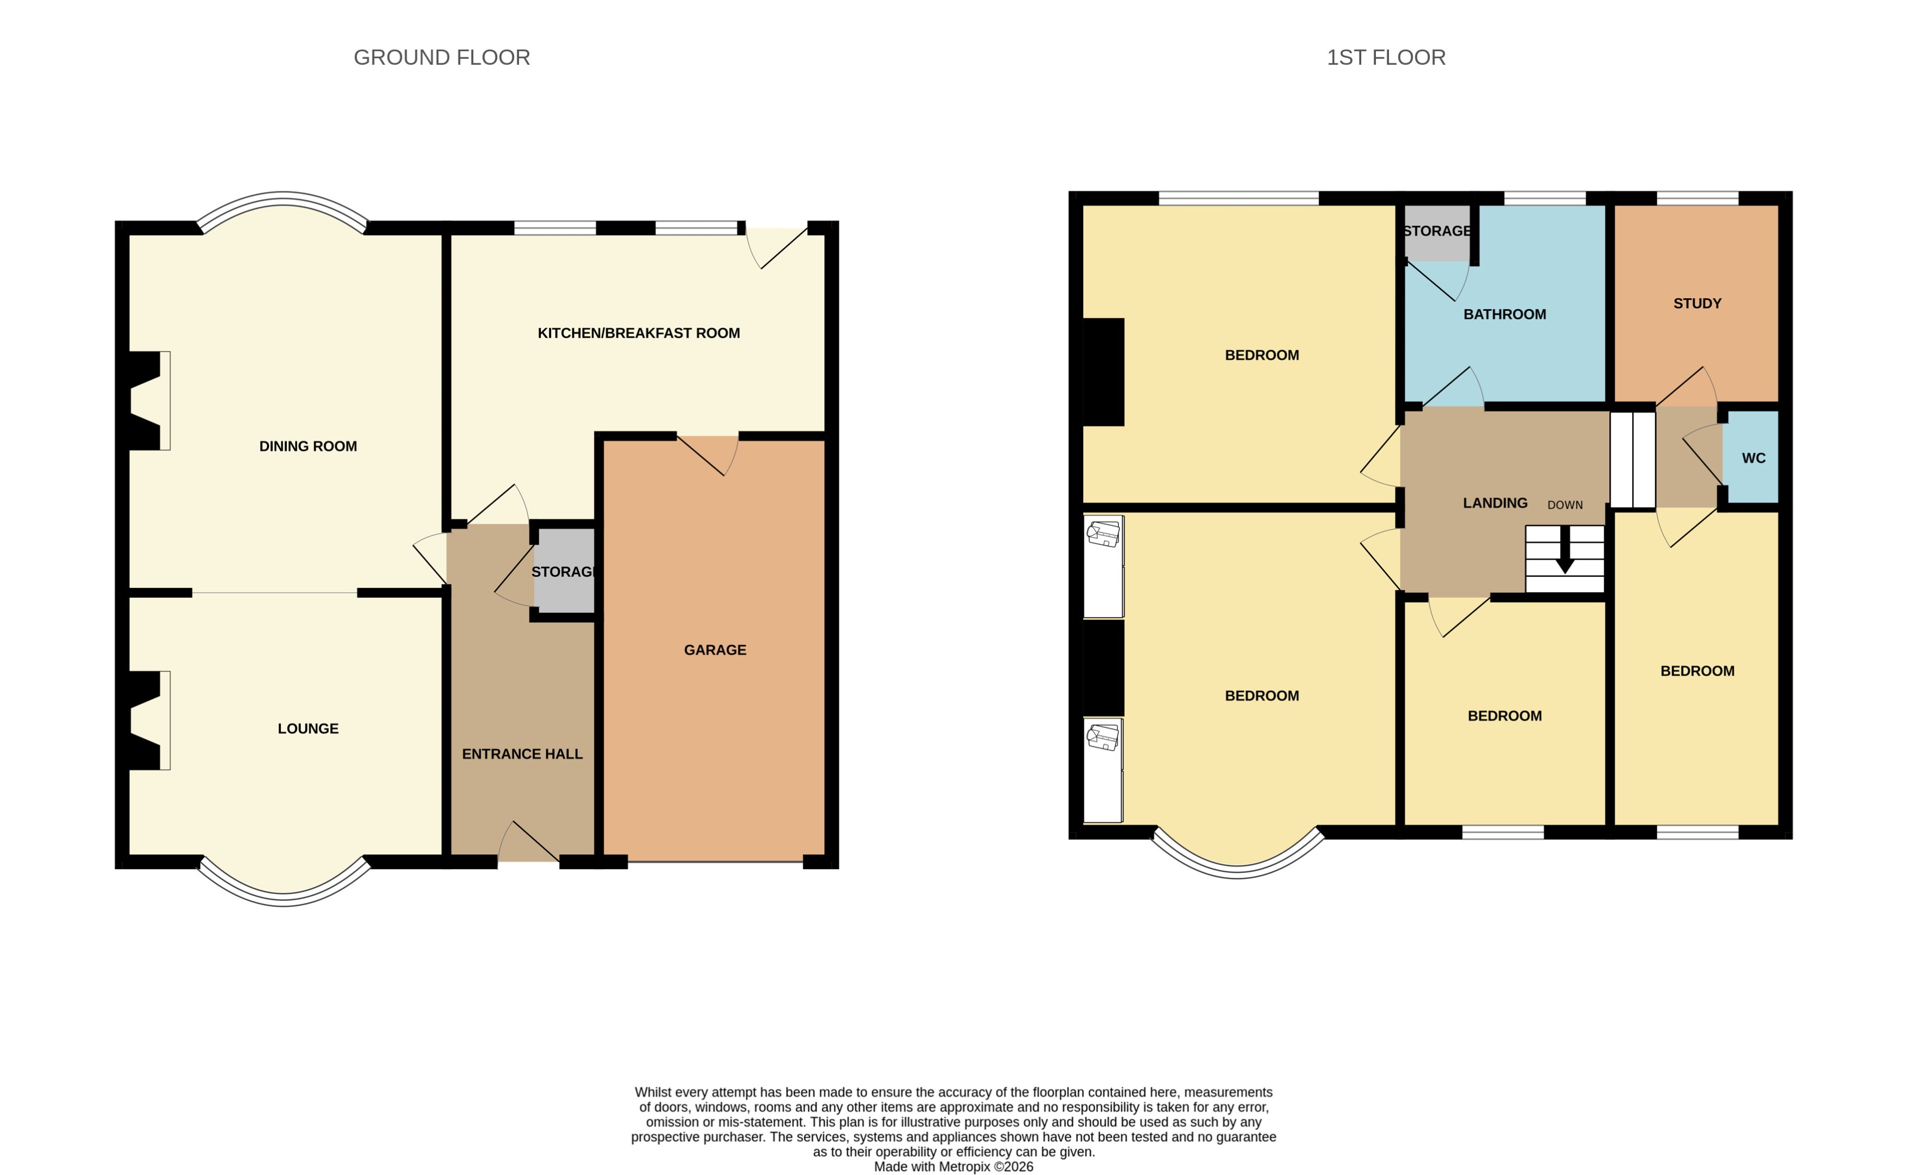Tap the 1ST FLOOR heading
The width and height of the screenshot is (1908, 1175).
pos(1385,57)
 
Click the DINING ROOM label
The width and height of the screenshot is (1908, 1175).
pos(307,446)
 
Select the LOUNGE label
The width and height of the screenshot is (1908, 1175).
pos(307,728)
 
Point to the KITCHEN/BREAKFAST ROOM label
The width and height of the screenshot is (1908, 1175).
pos(638,333)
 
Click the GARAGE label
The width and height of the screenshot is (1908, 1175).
pos(714,650)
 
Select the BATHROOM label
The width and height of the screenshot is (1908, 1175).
pos(1504,314)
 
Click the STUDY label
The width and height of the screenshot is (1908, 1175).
pos(1696,303)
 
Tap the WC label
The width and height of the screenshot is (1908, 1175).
pos(1753,457)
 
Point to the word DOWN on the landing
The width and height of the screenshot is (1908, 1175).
pos(1565,505)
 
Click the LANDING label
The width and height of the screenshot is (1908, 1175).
pos(1495,503)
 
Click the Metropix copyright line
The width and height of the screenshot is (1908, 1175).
pos(953,1166)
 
